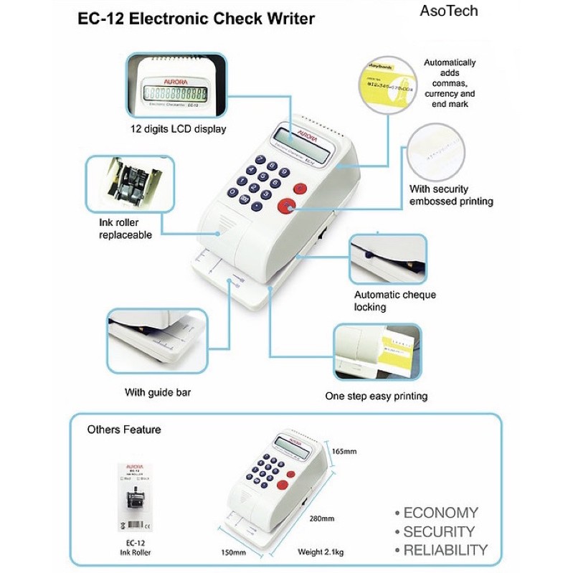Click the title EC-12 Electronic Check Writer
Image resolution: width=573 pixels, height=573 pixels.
(196, 19)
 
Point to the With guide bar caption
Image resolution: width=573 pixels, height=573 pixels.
(158, 392)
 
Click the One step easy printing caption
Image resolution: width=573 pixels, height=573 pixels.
(376, 395)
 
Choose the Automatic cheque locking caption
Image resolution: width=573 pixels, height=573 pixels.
(395, 300)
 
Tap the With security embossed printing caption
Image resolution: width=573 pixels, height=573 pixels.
(451, 195)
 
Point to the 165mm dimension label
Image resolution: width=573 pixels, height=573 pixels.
(344, 451)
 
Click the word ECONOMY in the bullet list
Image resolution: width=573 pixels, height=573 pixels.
(440, 513)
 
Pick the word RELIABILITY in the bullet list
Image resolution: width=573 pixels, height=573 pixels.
(445, 550)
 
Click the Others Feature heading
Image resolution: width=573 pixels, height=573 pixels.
(124, 430)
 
